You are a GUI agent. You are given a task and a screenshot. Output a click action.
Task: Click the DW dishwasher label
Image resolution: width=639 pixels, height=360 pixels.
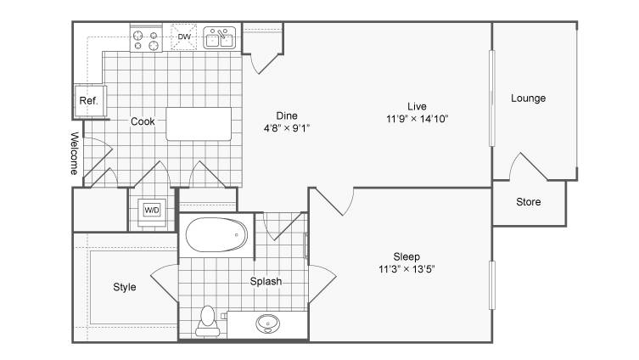(x=184, y=37)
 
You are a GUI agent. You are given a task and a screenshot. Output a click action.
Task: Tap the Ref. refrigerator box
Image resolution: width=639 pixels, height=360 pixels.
(x=90, y=101)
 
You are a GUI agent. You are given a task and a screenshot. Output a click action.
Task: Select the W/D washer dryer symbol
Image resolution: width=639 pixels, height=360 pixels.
(x=152, y=211)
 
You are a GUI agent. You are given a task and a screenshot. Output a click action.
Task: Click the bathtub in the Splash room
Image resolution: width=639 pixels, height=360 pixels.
(x=216, y=235)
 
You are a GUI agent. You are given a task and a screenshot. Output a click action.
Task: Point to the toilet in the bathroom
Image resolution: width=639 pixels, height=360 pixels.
(x=208, y=321)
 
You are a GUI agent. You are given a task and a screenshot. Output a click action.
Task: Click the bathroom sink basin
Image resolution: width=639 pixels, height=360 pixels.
(x=268, y=323)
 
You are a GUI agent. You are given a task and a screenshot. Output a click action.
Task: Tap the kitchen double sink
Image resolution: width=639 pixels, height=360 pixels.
(x=219, y=38)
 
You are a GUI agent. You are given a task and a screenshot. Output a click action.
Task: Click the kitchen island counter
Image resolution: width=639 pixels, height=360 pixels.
(x=199, y=124)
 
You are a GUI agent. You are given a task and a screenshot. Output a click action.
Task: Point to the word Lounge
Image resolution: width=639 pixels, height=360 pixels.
(x=528, y=98)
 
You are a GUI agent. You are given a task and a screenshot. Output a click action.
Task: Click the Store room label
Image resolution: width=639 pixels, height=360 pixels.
(x=529, y=202)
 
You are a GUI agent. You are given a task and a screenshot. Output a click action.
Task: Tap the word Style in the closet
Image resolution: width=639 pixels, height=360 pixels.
(x=124, y=287)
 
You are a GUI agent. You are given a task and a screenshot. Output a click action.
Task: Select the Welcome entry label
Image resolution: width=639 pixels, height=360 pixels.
(x=74, y=153)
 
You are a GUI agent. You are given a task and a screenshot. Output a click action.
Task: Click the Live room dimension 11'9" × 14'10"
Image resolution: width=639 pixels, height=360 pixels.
(x=417, y=119)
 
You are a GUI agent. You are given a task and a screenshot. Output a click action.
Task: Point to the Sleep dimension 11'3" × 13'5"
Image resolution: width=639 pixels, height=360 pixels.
(x=406, y=269)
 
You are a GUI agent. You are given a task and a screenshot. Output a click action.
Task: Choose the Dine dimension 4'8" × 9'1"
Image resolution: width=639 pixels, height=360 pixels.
(x=287, y=128)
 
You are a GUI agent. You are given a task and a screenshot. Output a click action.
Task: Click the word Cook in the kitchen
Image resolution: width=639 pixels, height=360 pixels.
(x=143, y=121)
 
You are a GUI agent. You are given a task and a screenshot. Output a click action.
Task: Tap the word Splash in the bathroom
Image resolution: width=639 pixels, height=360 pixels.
(x=266, y=281)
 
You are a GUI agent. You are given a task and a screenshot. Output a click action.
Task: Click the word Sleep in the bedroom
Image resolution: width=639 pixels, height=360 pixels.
(x=406, y=257)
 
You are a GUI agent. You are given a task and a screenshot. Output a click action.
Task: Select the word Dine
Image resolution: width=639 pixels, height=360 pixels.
(x=287, y=115)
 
